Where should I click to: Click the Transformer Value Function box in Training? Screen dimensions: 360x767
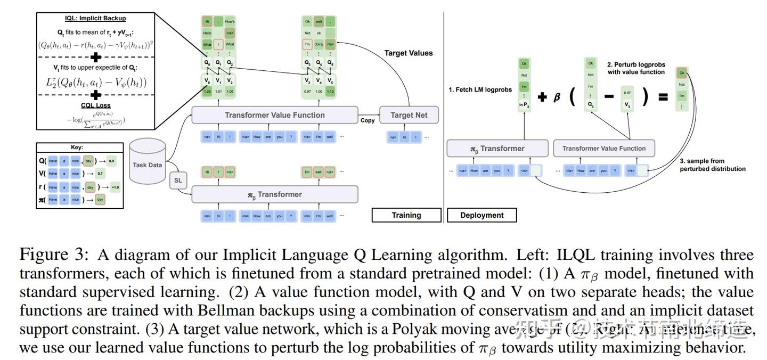click(x=274, y=115)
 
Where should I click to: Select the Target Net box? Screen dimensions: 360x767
click(x=409, y=115)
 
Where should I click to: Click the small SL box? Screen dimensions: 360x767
click(x=178, y=181)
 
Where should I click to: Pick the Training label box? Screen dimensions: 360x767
click(x=406, y=215)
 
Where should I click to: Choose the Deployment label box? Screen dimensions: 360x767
click(x=482, y=215)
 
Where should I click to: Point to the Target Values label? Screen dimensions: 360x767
click(x=409, y=53)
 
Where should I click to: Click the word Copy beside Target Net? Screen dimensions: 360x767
click(x=368, y=120)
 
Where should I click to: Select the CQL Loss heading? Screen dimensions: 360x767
click(x=96, y=105)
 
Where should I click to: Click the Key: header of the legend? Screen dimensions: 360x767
click(x=77, y=148)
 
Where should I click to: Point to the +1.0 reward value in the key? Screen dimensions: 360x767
click(x=115, y=187)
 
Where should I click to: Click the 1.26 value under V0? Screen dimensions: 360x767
click(x=207, y=92)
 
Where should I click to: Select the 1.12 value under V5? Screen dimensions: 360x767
click(x=330, y=92)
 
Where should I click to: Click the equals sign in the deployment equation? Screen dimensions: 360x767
click(x=663, y=97)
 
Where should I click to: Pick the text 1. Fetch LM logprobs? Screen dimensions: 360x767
click(x=480, y=89)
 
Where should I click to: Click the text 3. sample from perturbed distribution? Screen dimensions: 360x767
click(x=712, y=165)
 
